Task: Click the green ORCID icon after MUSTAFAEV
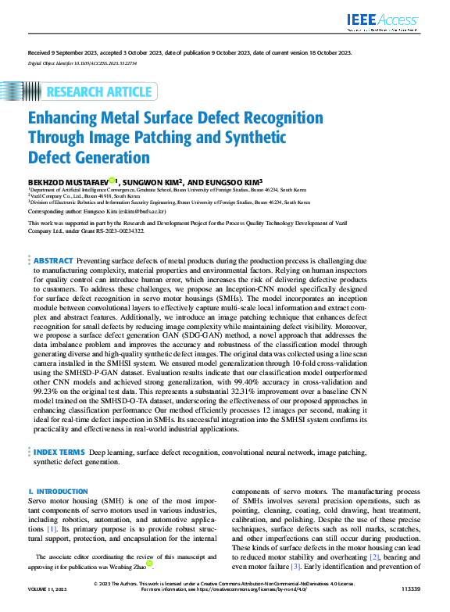coord(112,180)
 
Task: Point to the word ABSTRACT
coord(54,260)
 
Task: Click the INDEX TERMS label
coord(59,453)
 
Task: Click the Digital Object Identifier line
coord(83,63)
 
